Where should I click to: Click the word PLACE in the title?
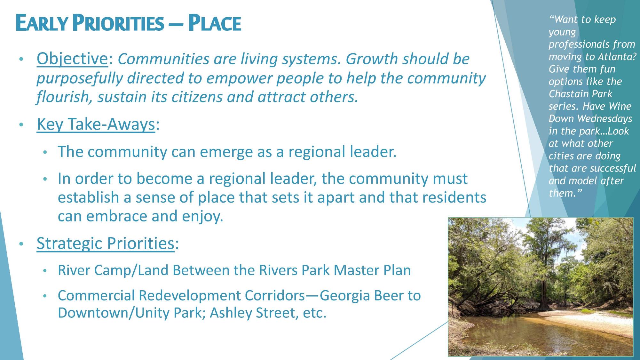tap(214, 23)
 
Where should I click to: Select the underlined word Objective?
tap(72, 59)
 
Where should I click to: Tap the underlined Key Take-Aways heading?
tap(96, 124)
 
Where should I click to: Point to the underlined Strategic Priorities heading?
tap(105, 243)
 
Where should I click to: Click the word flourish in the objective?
tap(62, 97)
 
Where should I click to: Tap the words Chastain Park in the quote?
tap(580, 94)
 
